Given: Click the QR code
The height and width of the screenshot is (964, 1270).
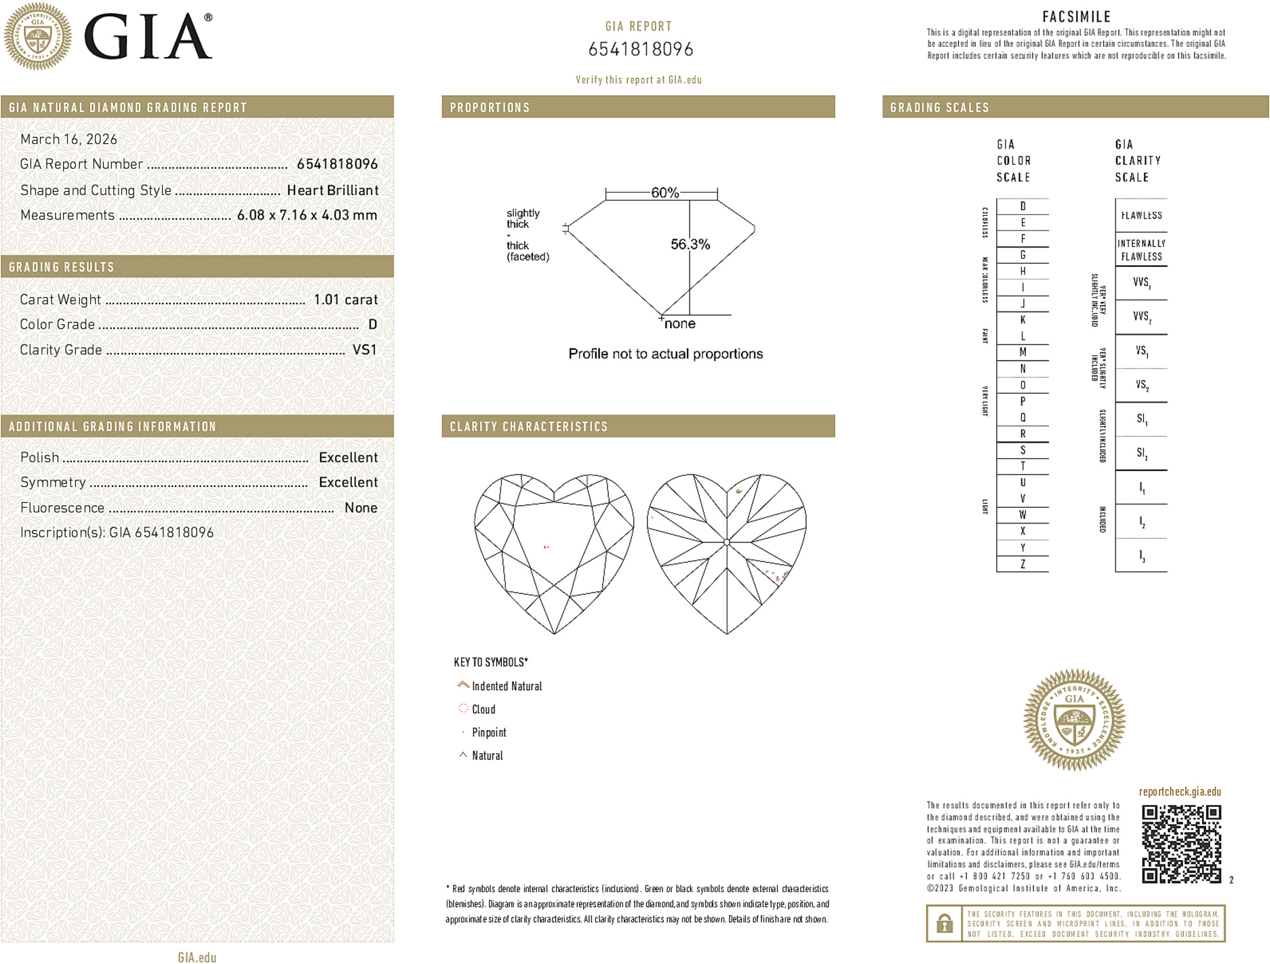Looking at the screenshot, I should point(1181,843).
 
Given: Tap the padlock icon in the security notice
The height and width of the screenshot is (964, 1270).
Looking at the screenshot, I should point(944,923).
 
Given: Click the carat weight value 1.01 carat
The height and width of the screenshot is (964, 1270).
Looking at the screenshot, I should point(345,300).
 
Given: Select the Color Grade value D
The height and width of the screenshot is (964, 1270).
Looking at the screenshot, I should point(372,325).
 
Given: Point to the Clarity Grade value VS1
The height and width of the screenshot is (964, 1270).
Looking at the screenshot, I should point(364,350).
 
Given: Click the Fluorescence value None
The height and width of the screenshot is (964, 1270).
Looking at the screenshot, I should point(361,508).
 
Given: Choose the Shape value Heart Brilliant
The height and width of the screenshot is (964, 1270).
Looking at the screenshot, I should point(332,190).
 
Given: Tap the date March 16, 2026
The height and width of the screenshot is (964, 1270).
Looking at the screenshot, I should point(68,139).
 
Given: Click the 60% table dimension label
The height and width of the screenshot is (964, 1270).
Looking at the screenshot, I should point(664,193).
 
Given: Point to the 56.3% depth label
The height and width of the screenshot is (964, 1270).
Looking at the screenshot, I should point(690,244).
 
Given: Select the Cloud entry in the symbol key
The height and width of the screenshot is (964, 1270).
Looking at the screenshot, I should point(483,709).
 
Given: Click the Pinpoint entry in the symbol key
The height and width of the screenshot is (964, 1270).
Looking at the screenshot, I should point(489,732).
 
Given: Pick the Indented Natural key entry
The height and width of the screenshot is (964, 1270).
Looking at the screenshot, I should point(507,686).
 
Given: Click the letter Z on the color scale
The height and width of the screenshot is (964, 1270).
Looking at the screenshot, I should point(1023,564).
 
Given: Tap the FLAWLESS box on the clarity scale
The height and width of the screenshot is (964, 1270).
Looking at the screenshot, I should point(1141,216).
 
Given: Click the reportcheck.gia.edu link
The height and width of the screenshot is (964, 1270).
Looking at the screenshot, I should point(1180,792).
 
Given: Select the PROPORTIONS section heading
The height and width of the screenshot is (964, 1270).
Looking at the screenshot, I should point(490,108).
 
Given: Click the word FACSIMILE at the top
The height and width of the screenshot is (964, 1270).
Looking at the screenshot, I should point(1076,17).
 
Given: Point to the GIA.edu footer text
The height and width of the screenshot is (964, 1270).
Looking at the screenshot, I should point(197,957).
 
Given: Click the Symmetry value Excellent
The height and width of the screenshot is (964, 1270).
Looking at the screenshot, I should point(348,483).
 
